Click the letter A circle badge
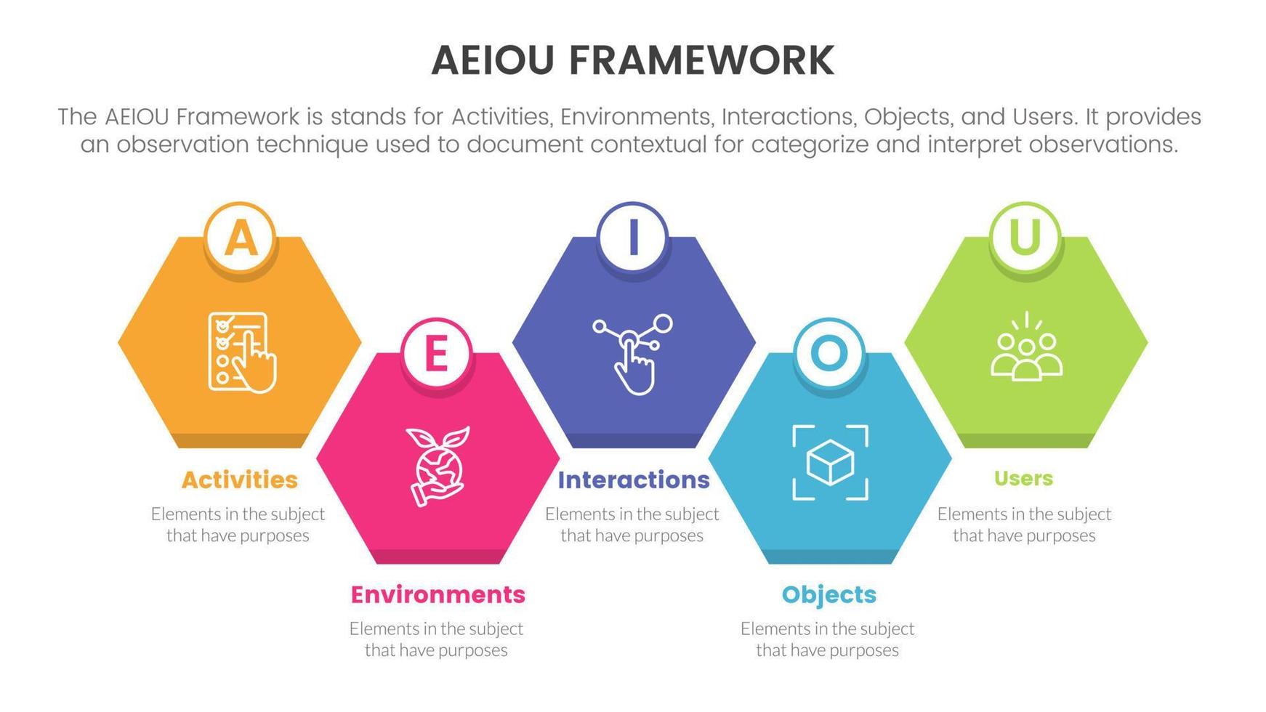point(241,237)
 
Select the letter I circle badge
point(632,237)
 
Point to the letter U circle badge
point(1025,237)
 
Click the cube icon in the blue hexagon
point(830,463)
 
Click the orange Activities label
point(240,480)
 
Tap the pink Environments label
point(438,594)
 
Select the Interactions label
point(633,480)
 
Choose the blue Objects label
point(828,594)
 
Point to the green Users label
point(1023,478)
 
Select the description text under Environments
point(436,639)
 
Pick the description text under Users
point(1024,525)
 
